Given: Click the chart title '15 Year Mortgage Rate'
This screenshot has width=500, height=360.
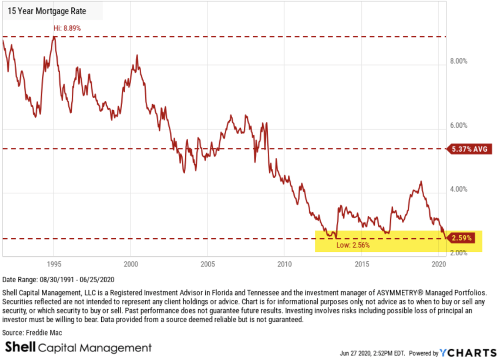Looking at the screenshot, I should [x=44, y=10].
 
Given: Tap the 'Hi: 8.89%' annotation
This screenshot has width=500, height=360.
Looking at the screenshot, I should [x=67, y=28].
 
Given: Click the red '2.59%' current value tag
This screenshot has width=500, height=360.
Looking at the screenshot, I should [x=461, y=239].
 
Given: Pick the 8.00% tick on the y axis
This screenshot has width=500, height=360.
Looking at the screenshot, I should [x=458, y=62].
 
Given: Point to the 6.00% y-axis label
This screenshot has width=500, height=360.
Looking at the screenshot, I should [x=458, y=126].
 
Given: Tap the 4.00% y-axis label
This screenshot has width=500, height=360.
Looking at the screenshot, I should [x=458, y=190].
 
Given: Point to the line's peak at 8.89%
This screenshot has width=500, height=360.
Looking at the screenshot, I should [x=55, y=37].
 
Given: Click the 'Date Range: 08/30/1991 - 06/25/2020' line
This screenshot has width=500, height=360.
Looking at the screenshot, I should [x=58, y=280].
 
